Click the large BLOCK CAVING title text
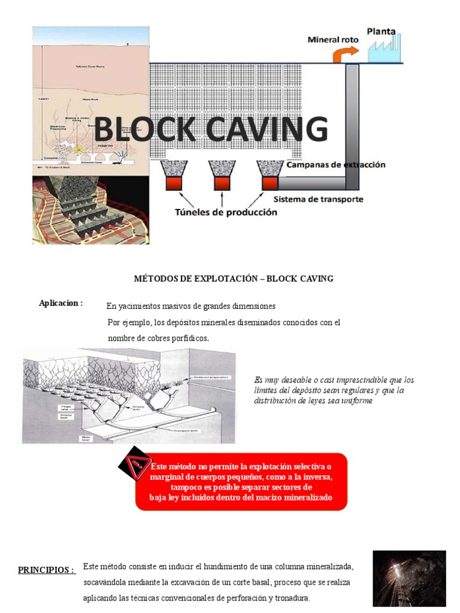coord(211,131)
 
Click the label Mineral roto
coord(333,40)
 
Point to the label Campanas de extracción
coord(336,164)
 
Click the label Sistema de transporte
coord(318,199)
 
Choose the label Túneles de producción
coord(226,212)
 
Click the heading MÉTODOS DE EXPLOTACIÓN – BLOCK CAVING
coord(233,278)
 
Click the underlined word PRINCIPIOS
coord(46,569)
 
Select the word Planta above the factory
coord(382,31)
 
